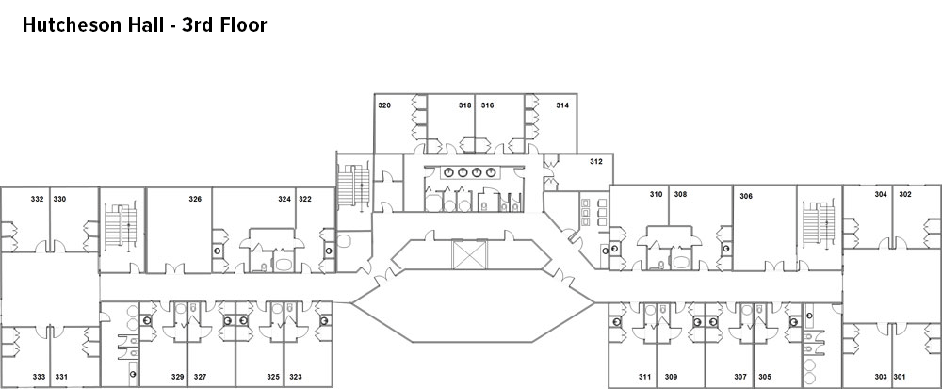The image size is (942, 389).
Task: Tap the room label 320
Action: coord(384,105)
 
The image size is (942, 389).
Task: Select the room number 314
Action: coord(562,105)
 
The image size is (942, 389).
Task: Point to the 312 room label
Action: coord(596,161)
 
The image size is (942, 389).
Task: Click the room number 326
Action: coord(195,199)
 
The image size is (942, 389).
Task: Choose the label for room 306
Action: coord(746,196)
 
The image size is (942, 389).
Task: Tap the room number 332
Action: coord(38,199)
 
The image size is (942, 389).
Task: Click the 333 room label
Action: coord(39,377)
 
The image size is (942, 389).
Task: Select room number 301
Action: coord(900,377)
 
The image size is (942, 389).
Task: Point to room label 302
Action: coord(905,194)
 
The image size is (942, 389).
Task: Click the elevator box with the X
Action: coord(469,254)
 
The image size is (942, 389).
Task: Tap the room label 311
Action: coord(644,377)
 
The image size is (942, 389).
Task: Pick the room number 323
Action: coord(296,377)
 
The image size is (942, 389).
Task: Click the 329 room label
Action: coord(177,377)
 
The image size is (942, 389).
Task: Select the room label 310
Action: coord(656,194)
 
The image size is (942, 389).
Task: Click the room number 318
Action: coord(465,105)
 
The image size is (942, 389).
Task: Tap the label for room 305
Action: coord(765,377)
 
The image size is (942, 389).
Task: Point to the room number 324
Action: coord(284,199)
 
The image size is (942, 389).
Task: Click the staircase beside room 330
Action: coord(122,226)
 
